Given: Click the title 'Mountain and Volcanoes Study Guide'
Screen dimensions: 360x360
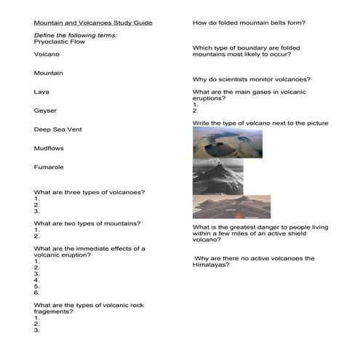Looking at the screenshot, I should (x=93, y=23).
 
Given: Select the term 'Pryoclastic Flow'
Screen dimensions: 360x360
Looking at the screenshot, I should (x=60, y=42).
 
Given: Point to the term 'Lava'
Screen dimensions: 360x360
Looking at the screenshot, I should (x=41, y=92).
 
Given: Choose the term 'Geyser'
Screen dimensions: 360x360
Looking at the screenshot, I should (x=45, y=111).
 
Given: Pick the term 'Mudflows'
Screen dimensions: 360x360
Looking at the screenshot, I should (x=49, y=148).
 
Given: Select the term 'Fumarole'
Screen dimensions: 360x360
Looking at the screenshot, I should (x=49, y=167).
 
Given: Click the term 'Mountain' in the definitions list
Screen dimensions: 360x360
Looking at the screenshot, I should (x=49, y=73).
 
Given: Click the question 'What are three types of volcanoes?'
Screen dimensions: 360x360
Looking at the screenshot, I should (x=89, y=192).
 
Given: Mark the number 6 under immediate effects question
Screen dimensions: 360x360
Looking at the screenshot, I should (x=36, y=292).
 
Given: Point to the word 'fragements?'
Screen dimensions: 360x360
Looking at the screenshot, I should (x=53, y=311).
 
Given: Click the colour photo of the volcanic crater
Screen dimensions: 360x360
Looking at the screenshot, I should (x=228, y=144).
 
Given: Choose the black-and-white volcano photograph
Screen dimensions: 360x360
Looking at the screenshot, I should (x=217, y=177).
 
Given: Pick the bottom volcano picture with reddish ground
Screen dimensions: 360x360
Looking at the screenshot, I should (x=231, y=207).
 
